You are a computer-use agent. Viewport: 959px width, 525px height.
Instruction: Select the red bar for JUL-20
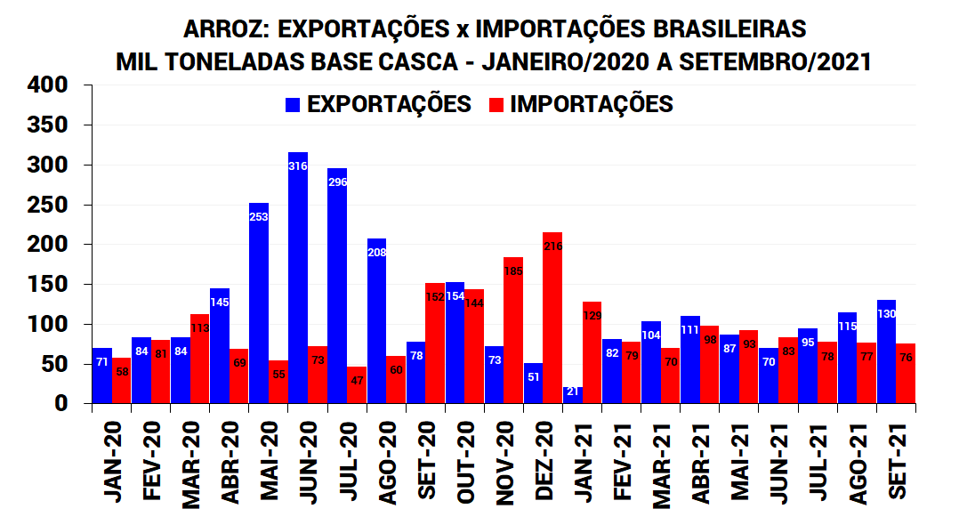point(357,385)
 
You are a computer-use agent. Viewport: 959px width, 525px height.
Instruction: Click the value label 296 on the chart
point(337,182)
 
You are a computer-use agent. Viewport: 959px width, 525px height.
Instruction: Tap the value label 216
point(552,246)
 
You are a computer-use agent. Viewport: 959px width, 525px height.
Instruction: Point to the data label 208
point(376,253)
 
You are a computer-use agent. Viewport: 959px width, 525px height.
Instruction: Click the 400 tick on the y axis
point(47,85)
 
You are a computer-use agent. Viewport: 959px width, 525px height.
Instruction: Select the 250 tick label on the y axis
point(47,205)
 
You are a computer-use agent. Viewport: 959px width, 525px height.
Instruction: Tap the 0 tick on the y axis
point(60,404)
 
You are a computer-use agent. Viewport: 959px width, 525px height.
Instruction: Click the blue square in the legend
point(293,105)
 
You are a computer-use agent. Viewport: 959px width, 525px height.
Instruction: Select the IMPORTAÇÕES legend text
point(592,104)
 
